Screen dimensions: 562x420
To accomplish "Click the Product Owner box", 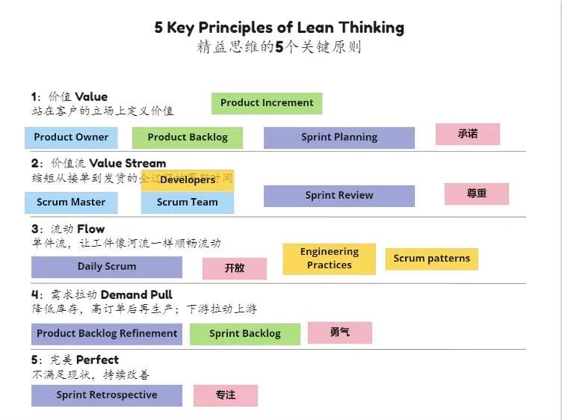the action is (71, 137).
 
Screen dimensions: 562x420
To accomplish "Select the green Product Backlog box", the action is (188, 138).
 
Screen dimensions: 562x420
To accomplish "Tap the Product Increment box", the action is (267, 103).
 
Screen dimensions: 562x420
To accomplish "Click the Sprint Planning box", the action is (339, 138).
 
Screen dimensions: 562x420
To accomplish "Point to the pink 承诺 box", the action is (468, 135).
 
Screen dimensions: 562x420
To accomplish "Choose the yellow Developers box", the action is (188, 180).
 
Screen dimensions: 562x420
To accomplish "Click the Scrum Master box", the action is (71, 202).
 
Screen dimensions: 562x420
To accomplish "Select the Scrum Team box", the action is (188, 203).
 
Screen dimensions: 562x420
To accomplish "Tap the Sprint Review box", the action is (339, 196).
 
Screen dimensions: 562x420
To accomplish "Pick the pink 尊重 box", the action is (476, 194).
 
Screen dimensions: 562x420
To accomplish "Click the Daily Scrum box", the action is (107, 267).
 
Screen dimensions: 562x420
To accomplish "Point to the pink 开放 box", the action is (235, 268).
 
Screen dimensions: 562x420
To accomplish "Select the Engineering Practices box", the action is (329, 259).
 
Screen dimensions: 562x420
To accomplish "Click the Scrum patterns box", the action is (432, 259).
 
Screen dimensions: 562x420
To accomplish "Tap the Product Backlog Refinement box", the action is (107, 333).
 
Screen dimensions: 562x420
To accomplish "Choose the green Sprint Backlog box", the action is (245, 334).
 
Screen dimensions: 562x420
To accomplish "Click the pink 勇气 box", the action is (340, 333).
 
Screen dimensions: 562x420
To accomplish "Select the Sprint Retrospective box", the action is (107, 395).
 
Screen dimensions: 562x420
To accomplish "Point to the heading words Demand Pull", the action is (137, 294).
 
